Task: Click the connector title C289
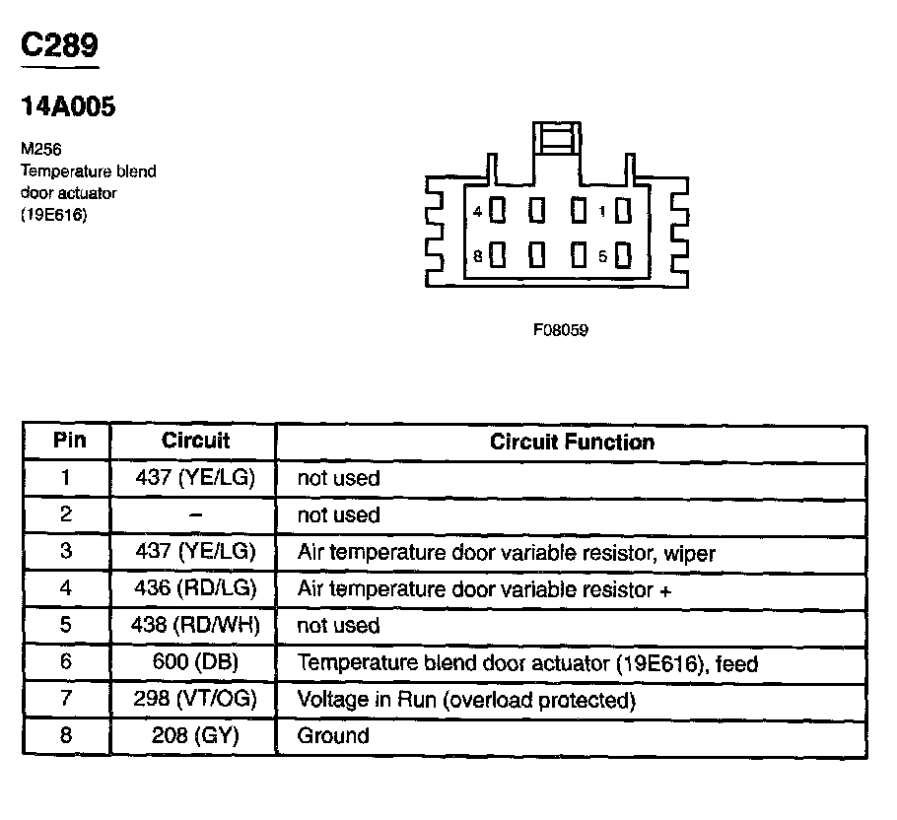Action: click(x=60, y=46)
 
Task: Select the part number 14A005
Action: click(x=68, y=107)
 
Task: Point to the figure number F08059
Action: click(x=561, y=330)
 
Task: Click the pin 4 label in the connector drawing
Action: click(x=477, y=212)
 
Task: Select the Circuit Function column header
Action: click(x=572, y=442)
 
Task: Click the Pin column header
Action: click(x=68, y=441)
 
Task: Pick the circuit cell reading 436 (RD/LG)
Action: click(x=194, y=589)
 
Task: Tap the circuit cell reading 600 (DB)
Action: click(x=194, y=663)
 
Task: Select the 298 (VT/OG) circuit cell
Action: click(x=194, y=701)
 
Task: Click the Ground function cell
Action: click(x=333, y=736)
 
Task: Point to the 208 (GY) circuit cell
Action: click(x=194, y=736)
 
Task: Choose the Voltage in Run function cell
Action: click(x=464, y=701)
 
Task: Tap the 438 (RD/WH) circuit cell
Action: click(x=194, y=626)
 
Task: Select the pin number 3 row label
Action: click(x=67, y=552)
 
